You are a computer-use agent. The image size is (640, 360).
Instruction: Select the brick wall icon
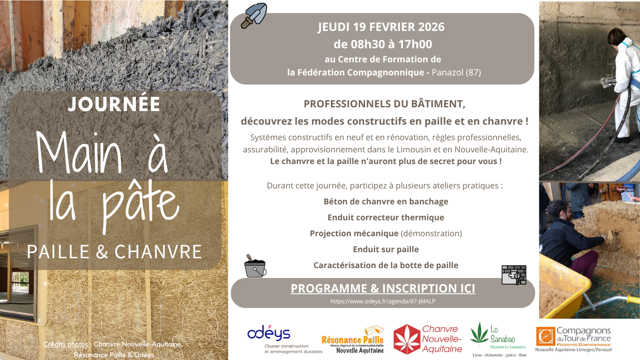(514, 275)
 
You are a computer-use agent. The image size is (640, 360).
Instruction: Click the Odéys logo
(269, 334)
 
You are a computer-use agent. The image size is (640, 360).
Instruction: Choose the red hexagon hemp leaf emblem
(407, 339)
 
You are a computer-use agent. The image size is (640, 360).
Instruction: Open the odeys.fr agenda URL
(383, 301)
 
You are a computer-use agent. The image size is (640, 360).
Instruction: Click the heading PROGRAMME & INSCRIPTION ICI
(383, 288)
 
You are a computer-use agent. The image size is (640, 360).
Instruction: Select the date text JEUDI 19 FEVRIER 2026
(381, 27)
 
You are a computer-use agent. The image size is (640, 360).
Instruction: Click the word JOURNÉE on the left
(114, 104)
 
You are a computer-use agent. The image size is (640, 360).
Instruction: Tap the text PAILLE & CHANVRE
(114, 252)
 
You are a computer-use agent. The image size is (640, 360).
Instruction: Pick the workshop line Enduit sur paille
(386, 249)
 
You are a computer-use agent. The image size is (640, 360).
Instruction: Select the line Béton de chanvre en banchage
(386, 202)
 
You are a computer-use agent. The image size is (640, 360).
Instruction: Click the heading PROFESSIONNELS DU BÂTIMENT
(384, 104)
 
